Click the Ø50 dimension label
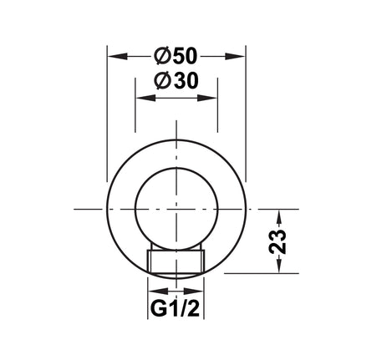point(176,56)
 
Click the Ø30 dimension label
point(177,81)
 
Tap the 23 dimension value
point(278,241)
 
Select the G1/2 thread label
point(176,308)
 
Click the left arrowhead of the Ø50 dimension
point(118,56)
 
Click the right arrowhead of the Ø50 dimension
point(235,56)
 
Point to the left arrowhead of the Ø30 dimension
point(145,98)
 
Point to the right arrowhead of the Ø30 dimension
point(207,98)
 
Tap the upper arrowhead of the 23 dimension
point(279,219)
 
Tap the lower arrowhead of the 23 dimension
point(279,263)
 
